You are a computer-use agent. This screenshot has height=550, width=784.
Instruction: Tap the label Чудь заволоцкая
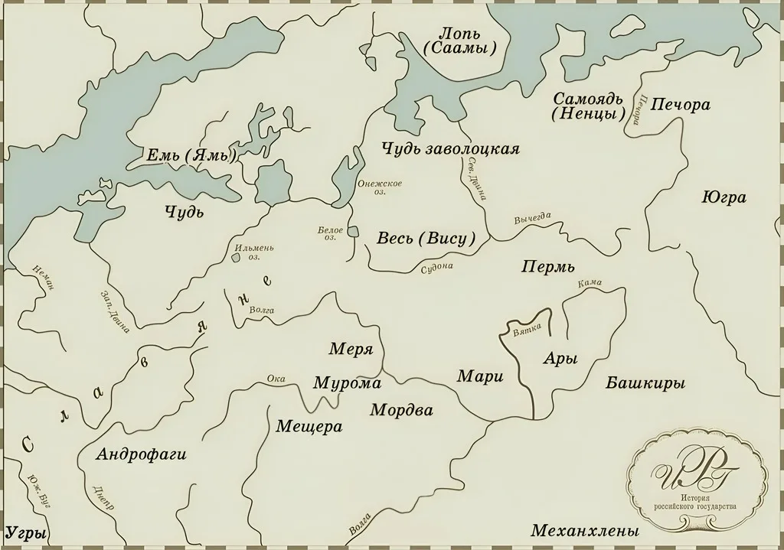coord(450,148)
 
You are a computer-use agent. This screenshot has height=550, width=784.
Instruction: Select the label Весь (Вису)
coord(426,238)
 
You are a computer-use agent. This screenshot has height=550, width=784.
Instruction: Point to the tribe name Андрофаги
coord(142,454)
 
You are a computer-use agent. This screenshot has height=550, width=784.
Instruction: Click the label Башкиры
coord(645,382)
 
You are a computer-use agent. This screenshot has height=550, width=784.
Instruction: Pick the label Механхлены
coord(584,530)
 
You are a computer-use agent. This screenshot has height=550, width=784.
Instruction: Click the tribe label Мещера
coord(309,426)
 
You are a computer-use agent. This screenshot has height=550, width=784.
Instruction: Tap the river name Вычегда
coord(533,219)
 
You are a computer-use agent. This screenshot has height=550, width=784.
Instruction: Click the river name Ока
coord(276,378)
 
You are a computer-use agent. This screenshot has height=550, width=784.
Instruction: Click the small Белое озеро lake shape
coord(352,231)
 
